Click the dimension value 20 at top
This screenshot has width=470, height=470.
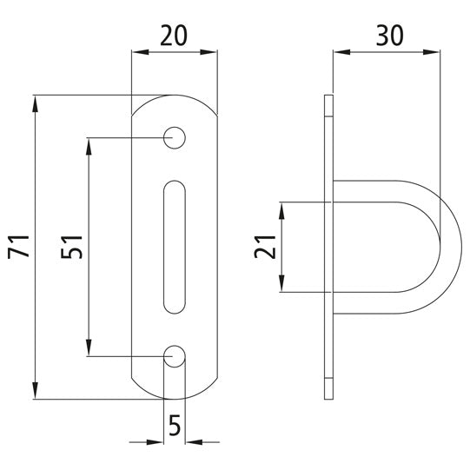[x=175, y=36]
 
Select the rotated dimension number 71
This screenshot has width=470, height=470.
[x=20, y=247]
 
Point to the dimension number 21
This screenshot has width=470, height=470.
[x=268, y=248]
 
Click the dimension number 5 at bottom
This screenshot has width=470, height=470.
[x=175, y=426]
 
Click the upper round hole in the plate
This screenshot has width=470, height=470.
[x=175, y=137]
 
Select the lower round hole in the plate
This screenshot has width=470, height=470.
[x=175, y=355]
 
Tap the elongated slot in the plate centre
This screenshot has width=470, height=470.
[x=175, y=246]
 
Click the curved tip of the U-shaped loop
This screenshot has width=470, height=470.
[x=453, y=248]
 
